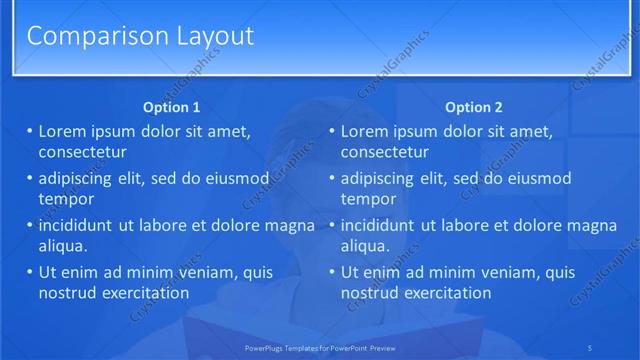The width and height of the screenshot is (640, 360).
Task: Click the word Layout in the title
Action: [x=204, y=37]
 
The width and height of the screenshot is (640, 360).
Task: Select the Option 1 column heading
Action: [x=171, y=107]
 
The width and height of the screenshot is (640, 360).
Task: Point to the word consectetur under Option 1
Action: [x=82, y=152]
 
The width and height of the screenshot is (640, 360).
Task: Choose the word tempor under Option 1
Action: [x=65, y=198]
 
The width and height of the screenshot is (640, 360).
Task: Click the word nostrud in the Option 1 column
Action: [x=68, y=293]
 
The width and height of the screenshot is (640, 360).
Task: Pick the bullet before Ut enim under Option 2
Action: [x=331, y=272]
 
